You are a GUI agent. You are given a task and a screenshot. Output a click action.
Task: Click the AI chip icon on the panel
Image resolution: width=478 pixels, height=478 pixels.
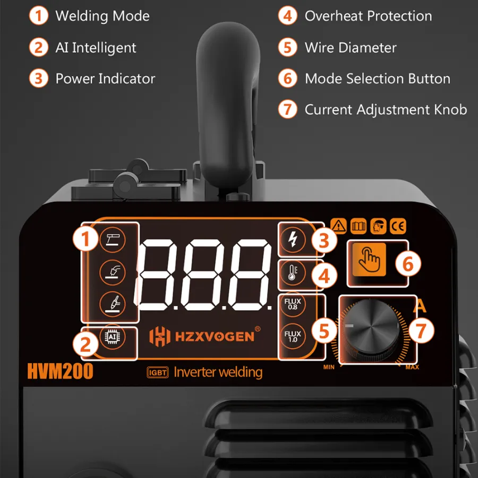pyautogui.click(x=112, y=337)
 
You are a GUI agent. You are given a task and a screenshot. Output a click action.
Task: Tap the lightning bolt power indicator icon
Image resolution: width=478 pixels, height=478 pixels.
pyautogui.click(x=293, y=239)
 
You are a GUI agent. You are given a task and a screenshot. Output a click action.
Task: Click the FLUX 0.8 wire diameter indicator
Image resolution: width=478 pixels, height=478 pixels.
pyautogui.click(x=293, y=304)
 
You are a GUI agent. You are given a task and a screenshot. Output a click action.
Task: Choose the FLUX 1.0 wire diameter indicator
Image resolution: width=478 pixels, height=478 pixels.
pyautogui.click(x=293, y=337)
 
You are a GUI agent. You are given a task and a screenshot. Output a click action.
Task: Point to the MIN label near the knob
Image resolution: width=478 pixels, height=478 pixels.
pyautogui.click(x=329, y=367)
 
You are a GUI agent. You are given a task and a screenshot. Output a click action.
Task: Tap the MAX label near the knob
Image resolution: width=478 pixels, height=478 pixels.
pyautogui.click(x=412, y=367)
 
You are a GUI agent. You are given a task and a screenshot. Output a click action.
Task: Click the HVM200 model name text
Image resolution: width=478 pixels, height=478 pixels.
pyautogui.click(x=60, y=371)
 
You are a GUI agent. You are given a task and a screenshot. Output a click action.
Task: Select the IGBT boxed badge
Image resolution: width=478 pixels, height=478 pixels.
pyautogui.click(x=158, y=372)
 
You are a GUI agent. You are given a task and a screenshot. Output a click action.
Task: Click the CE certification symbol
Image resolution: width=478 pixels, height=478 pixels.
pyautogui.click(x=398, y=226)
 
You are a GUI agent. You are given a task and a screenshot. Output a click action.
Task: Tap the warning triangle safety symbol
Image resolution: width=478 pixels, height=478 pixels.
pyautogui.click(x=338, y=226)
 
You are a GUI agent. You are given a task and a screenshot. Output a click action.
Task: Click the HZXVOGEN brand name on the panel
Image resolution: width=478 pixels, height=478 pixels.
pyautogui.click(x=215, y=337)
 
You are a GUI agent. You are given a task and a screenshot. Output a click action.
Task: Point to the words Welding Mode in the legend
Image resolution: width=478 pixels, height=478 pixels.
pyautogui.click(x=103, y=16)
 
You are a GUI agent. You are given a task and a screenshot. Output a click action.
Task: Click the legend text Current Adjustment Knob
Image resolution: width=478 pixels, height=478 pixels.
pyautogui.click(x=386, y=110)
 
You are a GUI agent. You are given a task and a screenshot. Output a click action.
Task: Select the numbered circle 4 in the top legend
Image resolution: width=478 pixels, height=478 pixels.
pyautogui.click(x=287, y=16)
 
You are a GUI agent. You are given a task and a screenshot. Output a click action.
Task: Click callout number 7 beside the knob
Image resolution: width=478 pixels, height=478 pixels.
pyautogui.click(x=421, y=330)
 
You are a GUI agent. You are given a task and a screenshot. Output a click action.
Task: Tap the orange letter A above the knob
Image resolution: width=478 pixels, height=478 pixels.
pyautogui.click(x=420, y=306)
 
